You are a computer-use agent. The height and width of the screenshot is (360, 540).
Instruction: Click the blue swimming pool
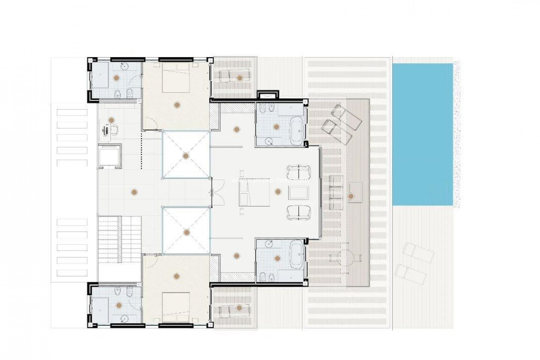coord(422,134)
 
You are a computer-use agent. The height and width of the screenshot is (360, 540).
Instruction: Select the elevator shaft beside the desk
coord(110,156)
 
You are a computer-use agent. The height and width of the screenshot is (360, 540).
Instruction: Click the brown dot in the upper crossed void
coord(185,156)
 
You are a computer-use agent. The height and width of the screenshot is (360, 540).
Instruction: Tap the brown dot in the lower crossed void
coord(186,232)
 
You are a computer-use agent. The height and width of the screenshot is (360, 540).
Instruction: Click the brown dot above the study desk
coord(112,120)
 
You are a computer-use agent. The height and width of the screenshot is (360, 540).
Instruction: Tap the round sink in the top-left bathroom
coord(124,66)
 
